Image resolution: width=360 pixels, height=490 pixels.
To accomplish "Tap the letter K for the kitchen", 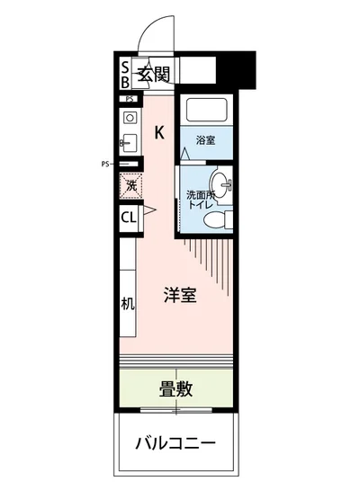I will pos(158,133).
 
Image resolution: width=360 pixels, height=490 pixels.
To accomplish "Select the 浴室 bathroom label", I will pos(206,139).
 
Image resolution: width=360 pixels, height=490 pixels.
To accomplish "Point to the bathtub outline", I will pos(206,111).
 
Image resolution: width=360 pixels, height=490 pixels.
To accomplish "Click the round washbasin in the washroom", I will pos(226,186).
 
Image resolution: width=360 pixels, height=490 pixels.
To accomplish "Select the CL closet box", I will pos(129,216).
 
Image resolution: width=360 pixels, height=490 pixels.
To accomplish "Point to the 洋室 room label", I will pos(180,294).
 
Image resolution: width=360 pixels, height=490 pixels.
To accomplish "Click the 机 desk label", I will pos(128,303).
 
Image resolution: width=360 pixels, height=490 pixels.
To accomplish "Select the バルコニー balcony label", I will pos(176,443).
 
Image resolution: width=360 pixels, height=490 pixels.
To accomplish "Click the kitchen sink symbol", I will pos(128,143).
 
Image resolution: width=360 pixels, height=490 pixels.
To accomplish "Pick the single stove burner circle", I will pos(129,118).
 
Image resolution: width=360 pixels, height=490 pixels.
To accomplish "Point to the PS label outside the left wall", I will pos(105,164).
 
